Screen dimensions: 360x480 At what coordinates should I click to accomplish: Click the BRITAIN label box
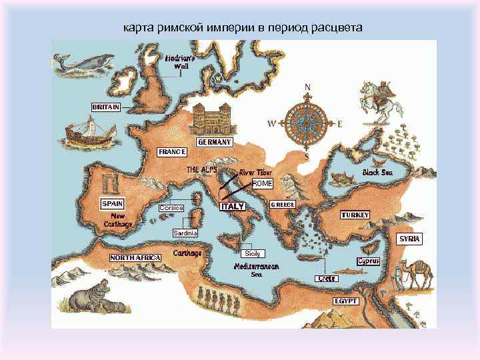coord(106,107)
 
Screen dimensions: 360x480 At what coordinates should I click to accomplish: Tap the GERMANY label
coord(215,142)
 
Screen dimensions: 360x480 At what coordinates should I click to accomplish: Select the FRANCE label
coord(171,152)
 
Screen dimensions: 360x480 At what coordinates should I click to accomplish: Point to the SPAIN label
coord(112,203)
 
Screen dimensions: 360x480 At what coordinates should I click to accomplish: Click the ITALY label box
coord(233,207)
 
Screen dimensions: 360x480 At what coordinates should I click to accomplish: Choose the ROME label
coord(263,183)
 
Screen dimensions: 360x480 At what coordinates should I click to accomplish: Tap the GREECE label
coord(282,205)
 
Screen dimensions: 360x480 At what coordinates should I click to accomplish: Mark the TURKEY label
coord(355,215)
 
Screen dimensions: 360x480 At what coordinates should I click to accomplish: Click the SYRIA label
coord(410,238)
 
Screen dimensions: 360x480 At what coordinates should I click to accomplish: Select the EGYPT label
coord(346,301)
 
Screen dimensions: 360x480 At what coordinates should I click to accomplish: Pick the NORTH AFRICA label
coord(135,257)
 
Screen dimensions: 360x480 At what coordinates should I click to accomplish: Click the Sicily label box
coord(252,253)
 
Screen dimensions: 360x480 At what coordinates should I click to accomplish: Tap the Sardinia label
coord(185,233)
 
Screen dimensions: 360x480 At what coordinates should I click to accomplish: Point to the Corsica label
coord(171,208)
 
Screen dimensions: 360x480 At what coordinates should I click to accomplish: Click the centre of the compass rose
coord(307,123)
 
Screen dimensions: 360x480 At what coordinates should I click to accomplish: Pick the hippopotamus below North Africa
coord(89,299)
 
